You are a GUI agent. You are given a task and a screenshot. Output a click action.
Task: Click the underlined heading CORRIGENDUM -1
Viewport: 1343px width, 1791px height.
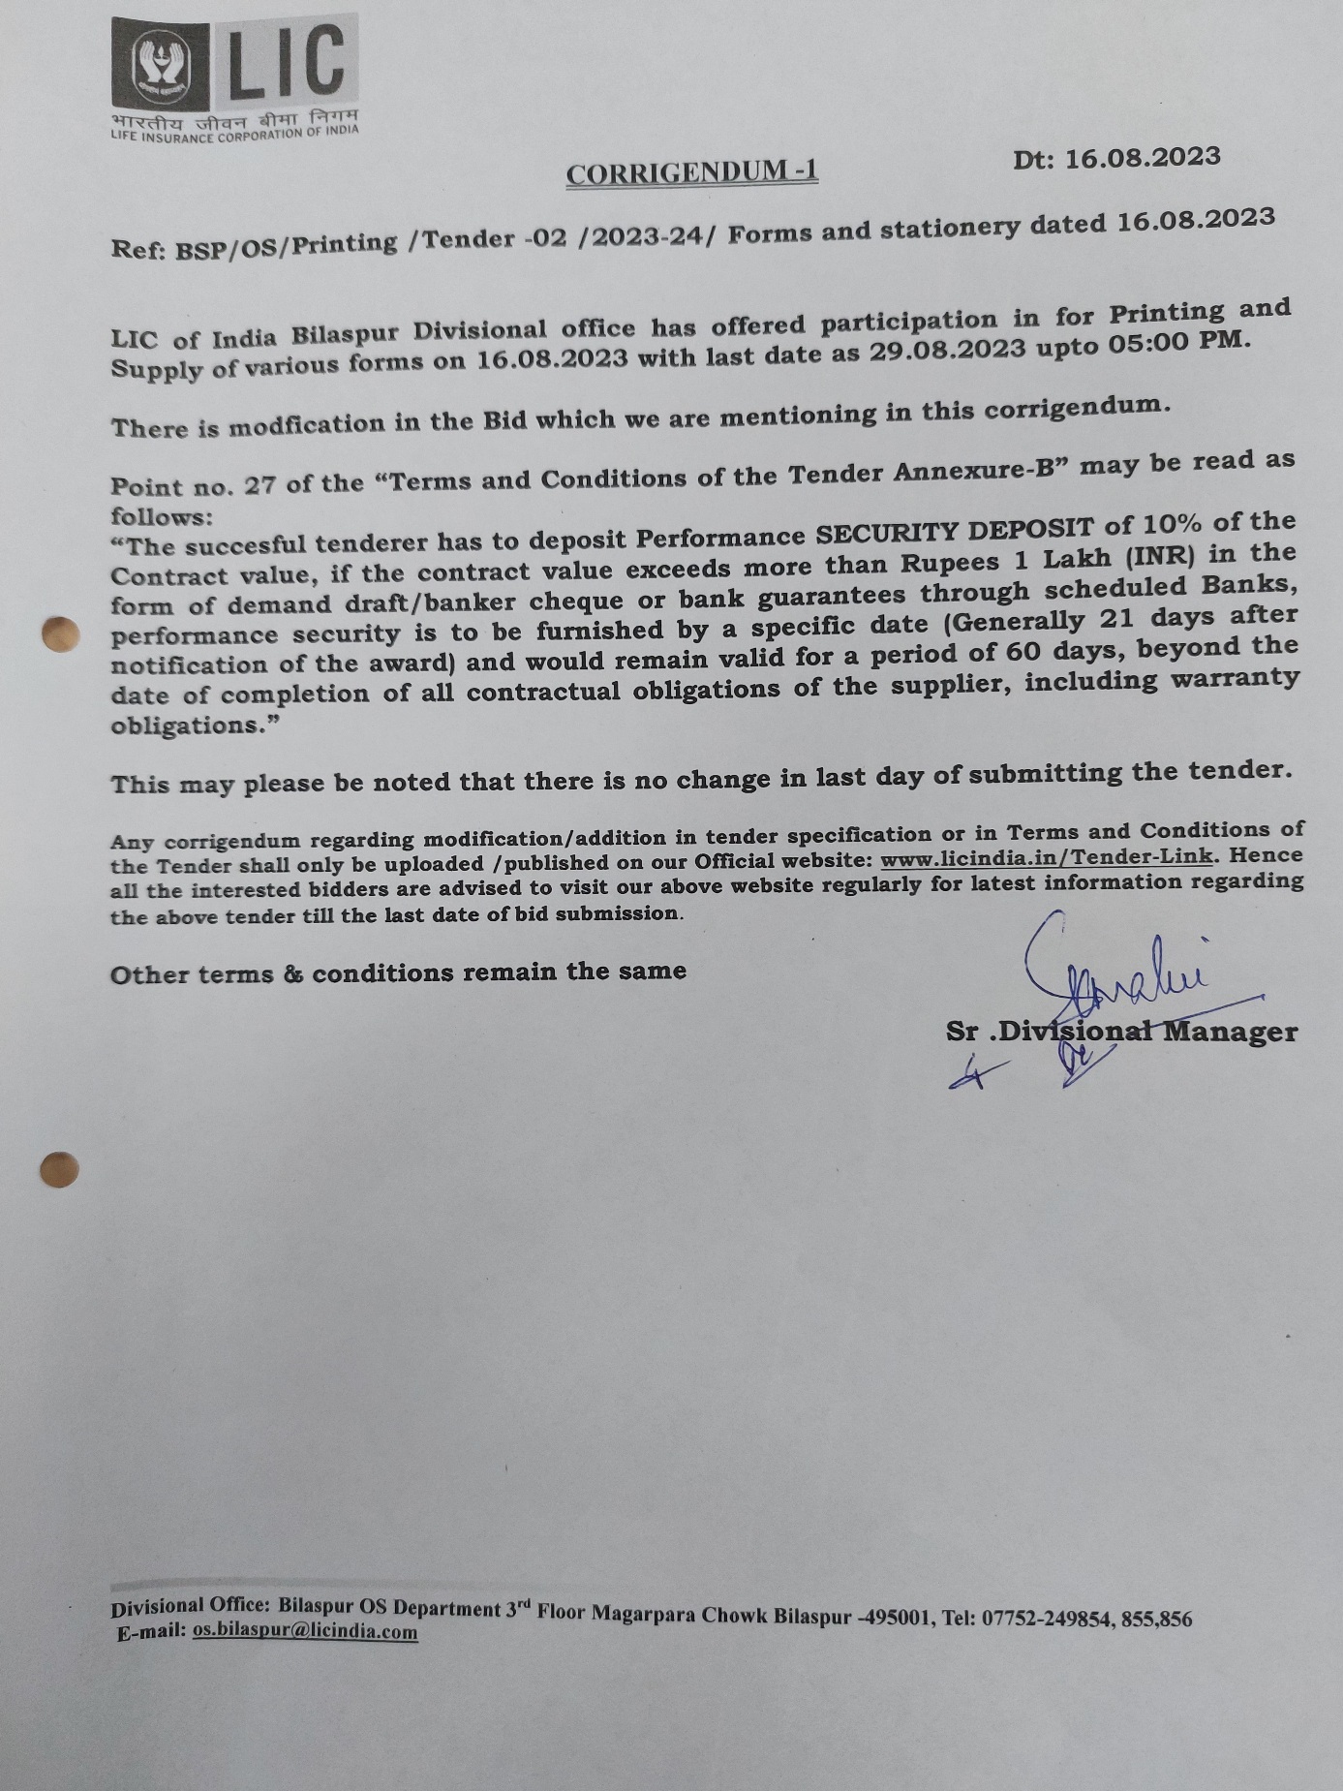pos(691,173)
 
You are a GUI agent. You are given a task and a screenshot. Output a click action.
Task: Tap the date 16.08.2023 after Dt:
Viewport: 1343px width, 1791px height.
pos(1143,158)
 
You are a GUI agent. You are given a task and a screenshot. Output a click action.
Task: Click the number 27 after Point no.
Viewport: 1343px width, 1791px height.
pos(259,484)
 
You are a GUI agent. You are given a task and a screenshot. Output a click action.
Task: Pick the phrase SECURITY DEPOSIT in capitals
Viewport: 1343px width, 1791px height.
pos(954,531)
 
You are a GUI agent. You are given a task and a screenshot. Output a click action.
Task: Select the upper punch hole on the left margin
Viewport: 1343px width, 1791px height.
pos(60,633)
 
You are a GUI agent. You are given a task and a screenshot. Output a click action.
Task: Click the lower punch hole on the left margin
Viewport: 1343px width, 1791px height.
pos(59,1169)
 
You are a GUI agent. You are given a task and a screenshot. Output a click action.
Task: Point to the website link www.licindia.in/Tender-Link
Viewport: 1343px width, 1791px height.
pos(1046,858)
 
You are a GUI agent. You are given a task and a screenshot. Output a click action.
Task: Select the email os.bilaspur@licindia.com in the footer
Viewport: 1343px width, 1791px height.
pos(305,1631)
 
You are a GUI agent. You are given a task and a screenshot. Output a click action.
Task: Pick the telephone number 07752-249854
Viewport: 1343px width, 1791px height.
pos(1047,1618)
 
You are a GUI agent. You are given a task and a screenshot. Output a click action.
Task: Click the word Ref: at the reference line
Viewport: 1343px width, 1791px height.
pos(138,249)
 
